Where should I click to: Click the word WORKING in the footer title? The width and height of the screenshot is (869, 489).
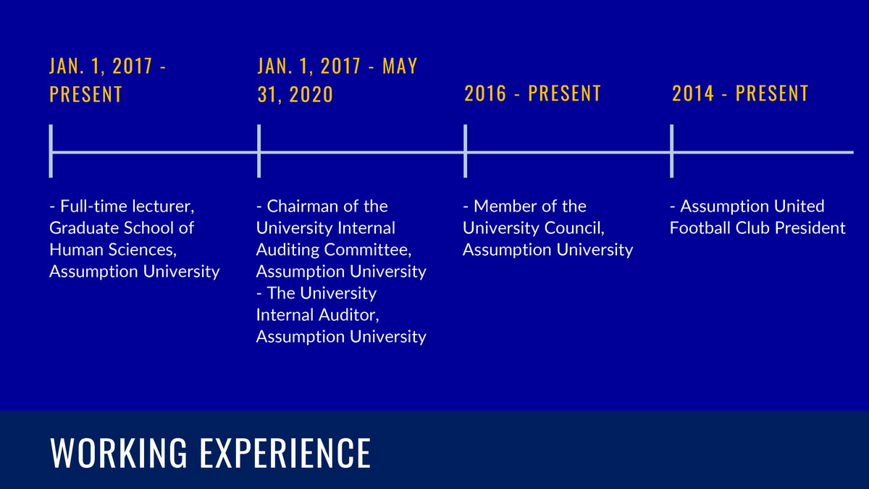(x=119, y=453)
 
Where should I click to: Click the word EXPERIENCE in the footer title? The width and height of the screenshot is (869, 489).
(x=285, y=453)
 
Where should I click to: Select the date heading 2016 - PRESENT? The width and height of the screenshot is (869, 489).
(x=533, y=93)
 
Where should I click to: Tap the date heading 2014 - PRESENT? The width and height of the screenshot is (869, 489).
(x=740, y=93)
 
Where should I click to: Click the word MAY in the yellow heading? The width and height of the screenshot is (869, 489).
(x=400, y=66)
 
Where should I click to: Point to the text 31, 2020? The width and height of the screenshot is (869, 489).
(x=295, y=94)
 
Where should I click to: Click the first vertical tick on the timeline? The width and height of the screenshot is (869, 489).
(x=51, y=151)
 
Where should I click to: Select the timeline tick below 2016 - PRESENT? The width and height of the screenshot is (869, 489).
(x=465, y=151)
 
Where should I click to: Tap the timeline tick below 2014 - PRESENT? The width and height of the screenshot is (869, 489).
(x=671, y=151)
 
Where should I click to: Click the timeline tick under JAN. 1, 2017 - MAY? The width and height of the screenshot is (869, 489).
(x=259, y=151)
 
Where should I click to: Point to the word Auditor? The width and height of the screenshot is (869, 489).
(x=351, y=315)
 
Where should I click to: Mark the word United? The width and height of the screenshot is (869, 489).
(x=799, y=206)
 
